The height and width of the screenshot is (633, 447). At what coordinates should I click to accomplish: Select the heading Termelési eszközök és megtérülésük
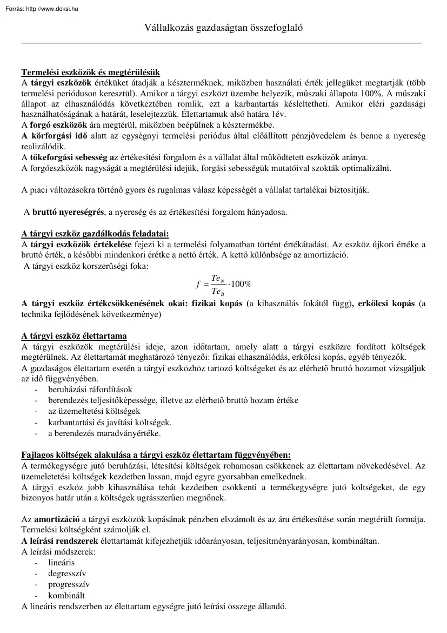click(x=90, y=72)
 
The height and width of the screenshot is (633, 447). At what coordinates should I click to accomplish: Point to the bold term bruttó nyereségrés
click(x=64, y=212)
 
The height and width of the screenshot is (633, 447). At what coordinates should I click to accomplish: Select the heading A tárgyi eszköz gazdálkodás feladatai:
click(x=95, y=234)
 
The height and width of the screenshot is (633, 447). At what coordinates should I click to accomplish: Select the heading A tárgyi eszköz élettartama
click(x=74, y=335)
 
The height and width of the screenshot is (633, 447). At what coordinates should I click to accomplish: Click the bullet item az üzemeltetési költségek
click(x=94, y=411)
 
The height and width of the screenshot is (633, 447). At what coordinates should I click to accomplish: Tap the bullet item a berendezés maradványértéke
click(x=104, y=433)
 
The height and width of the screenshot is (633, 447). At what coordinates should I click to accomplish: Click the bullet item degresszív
click(x=67, y=573)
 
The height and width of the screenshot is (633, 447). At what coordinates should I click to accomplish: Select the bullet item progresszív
click(x=69, y=584)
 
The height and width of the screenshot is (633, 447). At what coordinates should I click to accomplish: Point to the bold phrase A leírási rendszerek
click(x=59, y=541)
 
